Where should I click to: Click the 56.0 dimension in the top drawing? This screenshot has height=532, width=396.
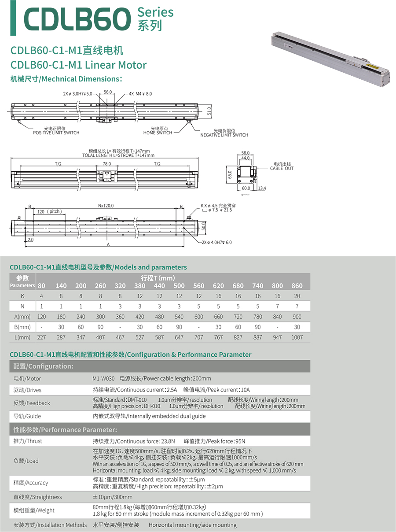(x=107, y=92)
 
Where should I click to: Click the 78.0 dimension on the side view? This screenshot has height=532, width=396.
(x=106, y=163)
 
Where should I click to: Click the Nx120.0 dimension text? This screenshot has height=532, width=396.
(x=106, y=206)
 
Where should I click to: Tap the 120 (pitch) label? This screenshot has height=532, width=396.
(x=49, y=212)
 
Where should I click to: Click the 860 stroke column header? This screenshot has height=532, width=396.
(x=297, y=286)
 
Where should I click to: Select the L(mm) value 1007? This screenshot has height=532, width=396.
(x=297, y=337)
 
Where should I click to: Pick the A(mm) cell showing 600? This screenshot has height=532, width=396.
(x=199, y=317)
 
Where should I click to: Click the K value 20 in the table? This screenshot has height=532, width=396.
(x=297, y=296)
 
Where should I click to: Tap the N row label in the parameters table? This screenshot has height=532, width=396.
(x=22, y=307)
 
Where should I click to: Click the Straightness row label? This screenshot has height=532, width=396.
(x=38, y=497)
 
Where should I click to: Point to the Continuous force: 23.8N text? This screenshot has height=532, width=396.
(x=134, y=441)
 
